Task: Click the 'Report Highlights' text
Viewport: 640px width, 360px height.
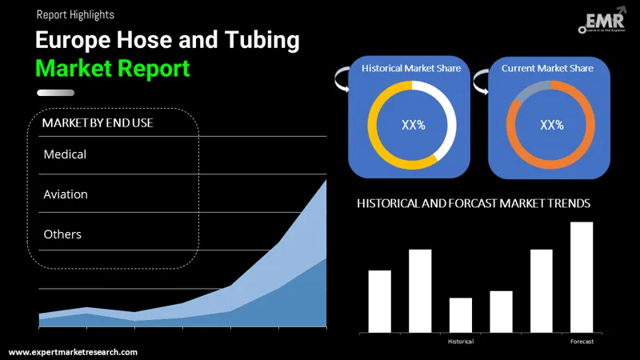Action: pos(74,14)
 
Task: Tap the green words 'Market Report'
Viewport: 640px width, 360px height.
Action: pos(113,68)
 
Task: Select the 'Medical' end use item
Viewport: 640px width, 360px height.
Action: pos(65,154)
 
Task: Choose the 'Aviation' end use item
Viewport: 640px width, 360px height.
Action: pos(66,194)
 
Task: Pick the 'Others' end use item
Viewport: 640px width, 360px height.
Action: pos(62,234)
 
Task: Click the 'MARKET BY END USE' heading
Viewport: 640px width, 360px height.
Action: pos(98,122)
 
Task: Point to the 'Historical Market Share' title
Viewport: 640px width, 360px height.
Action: pos(411,69)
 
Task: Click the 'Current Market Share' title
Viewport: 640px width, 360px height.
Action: pos(547,69)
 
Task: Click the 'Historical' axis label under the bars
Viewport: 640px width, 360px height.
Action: pos(460,342)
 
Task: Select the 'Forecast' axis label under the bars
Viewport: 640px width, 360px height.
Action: pos(582,342)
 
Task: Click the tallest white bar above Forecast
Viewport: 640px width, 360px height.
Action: pos(582,277)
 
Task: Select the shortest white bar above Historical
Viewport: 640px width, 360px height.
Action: pos(461,315)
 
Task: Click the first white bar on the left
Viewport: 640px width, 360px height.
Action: pos(380,302)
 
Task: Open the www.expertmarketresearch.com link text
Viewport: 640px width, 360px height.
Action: pos(73,352)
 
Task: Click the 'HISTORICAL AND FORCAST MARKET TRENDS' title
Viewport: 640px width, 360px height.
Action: pos(474,204)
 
